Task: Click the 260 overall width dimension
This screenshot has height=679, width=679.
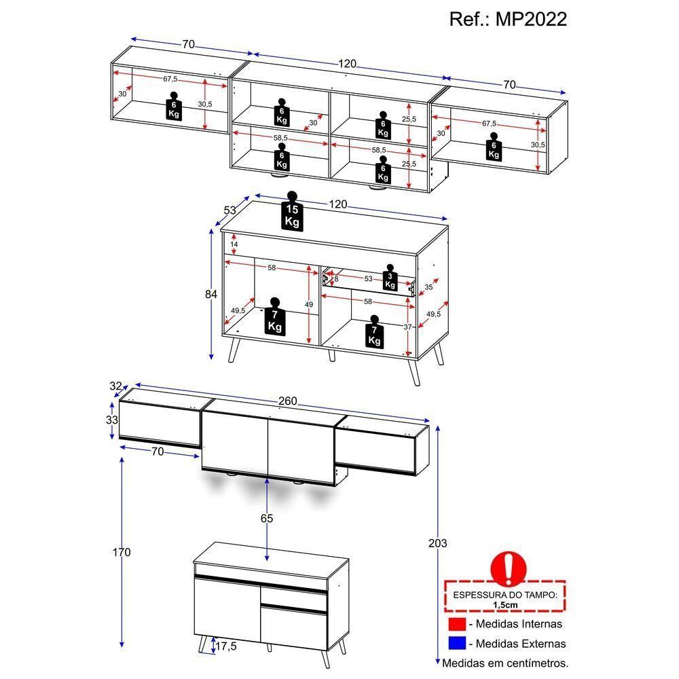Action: pyautogui.click(x=288, y=401)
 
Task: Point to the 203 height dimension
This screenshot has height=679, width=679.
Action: pyautogui.click(x=439, y=543)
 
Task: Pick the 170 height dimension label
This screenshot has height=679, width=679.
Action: pyautogui.click(x=122, y=552)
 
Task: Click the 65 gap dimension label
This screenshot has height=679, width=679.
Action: pyautogui.click(x=267, y=519)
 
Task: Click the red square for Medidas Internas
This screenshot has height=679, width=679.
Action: pyautogui.click(x=456, y=623)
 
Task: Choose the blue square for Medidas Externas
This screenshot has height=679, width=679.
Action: pyautogui.click(x=456, y=643)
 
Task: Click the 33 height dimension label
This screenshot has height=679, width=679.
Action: pyautogui.click(x=111, y=420)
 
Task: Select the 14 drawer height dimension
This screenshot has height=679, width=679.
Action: pyautogui.click(x=234, y=244)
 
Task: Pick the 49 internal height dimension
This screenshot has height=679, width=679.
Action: pyautogui.click(x=310, y=305)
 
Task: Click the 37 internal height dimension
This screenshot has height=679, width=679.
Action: pyautogui.click(x=409, y=327)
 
